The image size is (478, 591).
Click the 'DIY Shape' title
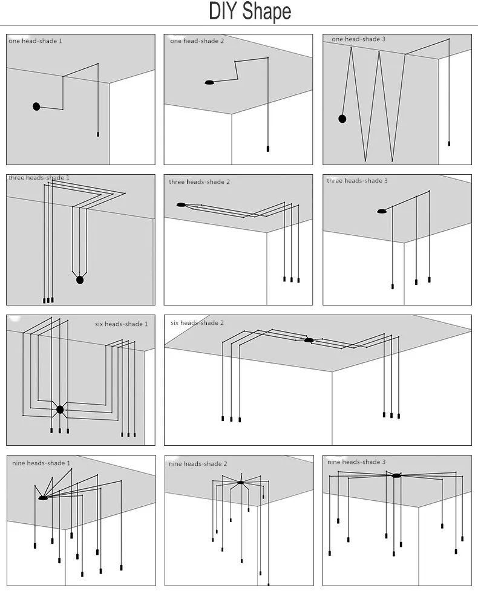(x=250, y=11)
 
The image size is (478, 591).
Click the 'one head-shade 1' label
(x=36, y=41)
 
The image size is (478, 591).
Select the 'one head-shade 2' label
(x=197, y=41)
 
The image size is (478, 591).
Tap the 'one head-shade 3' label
(x=358, y=39)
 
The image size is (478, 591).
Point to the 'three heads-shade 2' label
(x=200, y=182)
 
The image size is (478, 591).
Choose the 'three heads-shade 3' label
(x=358, y=181)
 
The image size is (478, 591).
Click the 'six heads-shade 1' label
(x=122, y=324)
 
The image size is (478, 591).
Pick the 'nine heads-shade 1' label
(x=41, y=463)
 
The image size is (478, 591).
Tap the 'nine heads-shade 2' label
(x=198, y=464)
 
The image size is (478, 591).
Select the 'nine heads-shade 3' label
(x=356, y=462)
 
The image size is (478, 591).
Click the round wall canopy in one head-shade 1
(x=36, y=106)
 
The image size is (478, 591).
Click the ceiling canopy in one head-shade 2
(x=209, y=82)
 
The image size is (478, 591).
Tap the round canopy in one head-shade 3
(x=342, y=119)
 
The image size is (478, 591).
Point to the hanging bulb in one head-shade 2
(x=268, y=149)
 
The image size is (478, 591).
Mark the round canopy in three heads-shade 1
(x=80, y=280)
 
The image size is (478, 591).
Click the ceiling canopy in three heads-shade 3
(x=382, y=212)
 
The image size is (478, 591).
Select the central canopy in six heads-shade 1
(x=60, y=410)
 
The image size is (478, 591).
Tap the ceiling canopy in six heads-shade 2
(x=309, y=341)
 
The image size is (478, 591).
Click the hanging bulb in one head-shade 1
(x=98, y=134)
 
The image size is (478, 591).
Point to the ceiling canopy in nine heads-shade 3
(x=396, y=475)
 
